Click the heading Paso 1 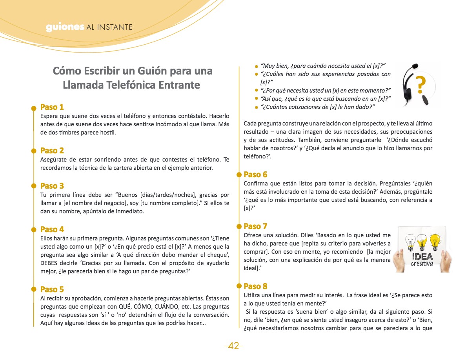click(52, 107)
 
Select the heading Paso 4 click(52, 229)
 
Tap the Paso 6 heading click(255, 175)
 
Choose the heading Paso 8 click(255, 286)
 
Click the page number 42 click(233, 346)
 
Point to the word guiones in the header click(65, 27)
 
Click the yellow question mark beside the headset click(420, 84)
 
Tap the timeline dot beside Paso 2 click(34, 151)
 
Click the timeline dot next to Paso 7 click(237, 227)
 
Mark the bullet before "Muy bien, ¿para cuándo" click(256, 67)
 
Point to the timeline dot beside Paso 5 click(34, 290)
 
